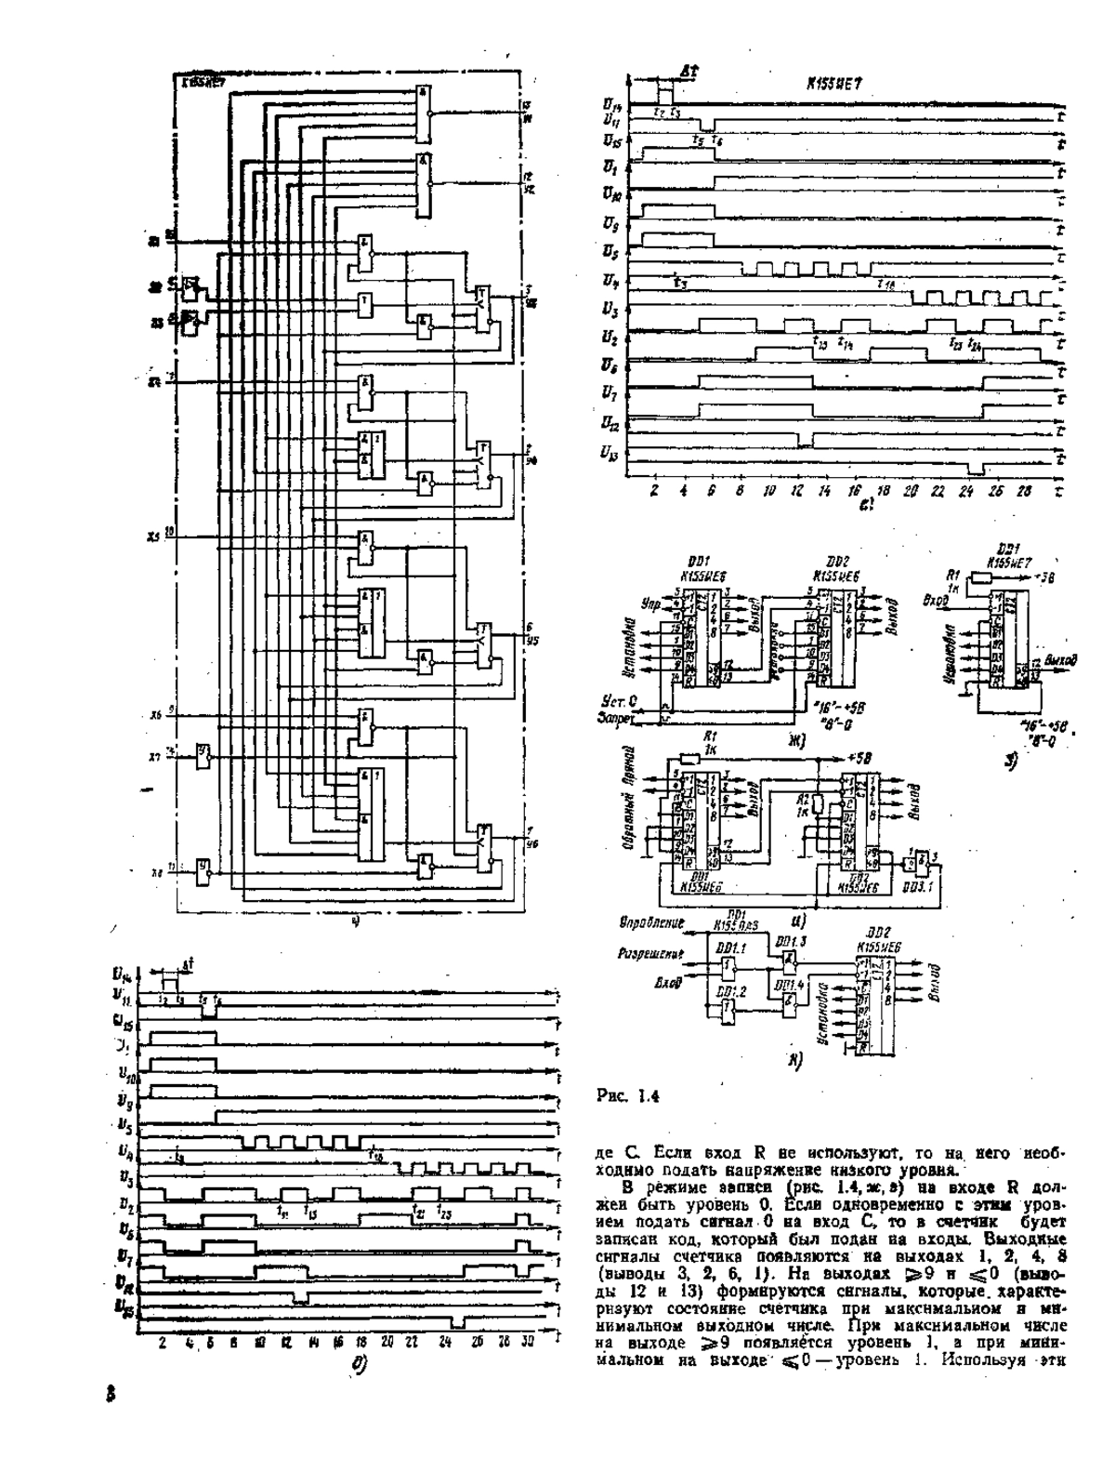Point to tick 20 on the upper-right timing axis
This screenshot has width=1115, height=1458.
coord(912,490)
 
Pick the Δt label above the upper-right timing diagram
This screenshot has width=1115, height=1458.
coord(689,71)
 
